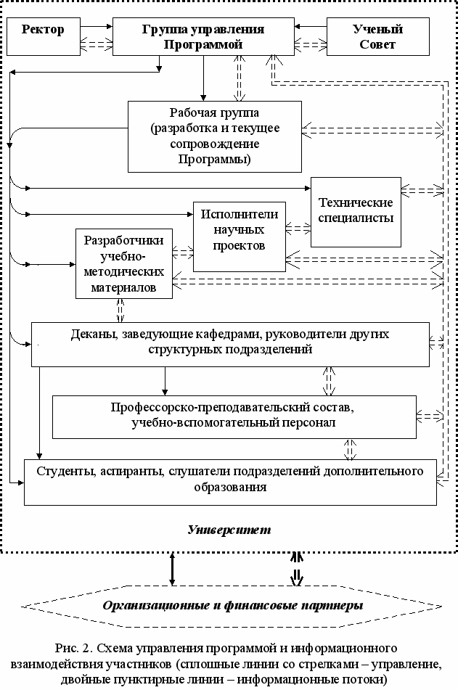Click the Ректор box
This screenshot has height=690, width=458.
pos(43,36)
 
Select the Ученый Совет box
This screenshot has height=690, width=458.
pos(378,36)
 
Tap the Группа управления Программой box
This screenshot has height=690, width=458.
pos(203,36)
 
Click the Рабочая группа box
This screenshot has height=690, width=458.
pos(215,136)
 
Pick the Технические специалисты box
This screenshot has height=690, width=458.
pos(356,212)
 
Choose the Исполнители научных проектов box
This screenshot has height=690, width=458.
pos(240,237)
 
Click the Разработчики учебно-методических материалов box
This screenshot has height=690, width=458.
pos(123,263)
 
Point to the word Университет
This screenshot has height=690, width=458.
pos(229,530)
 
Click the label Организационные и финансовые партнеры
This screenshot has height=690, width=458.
pos(233,606)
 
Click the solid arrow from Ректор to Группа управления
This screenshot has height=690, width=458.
pos(97,26)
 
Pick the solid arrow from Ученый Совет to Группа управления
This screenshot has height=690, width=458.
pos(311,26)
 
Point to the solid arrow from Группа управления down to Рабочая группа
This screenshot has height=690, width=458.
pos(203,78)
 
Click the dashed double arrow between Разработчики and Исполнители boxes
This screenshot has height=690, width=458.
pos(183,252)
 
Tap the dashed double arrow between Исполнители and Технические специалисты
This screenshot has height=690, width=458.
pos(298,229)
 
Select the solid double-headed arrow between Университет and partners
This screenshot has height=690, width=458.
pos(172,569)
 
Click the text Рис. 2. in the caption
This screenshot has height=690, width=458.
pos(73,648)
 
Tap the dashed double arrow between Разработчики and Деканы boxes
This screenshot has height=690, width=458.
pos(120,311)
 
